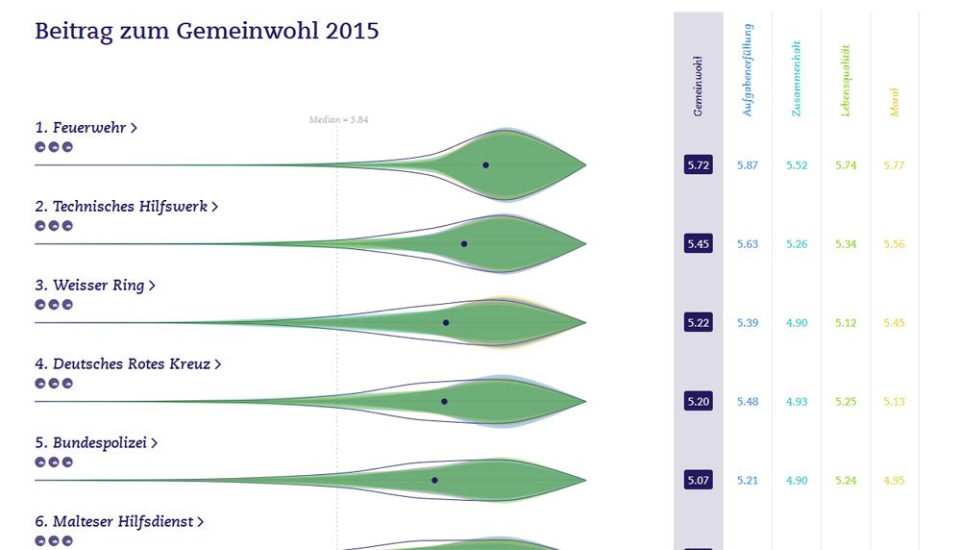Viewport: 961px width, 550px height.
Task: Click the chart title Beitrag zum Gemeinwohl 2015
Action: coord(207,31)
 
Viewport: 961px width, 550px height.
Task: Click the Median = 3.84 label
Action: coord(338,120)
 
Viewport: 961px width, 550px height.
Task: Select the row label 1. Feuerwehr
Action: coord(86,128)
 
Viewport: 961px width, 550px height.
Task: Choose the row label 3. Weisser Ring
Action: coord(94,286)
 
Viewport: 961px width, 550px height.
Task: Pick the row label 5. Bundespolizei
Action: coord(96,443)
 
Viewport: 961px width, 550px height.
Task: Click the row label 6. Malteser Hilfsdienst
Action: coord(119,522)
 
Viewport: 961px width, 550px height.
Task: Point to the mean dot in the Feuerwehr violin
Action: coord(485,165)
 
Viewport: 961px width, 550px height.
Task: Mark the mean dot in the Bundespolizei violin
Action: coord(434,480)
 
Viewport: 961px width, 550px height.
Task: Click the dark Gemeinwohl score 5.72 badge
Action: coord(698,165)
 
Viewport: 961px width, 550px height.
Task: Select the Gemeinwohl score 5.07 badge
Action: coord(698,480)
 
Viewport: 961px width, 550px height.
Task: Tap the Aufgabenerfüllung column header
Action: coord(748,72)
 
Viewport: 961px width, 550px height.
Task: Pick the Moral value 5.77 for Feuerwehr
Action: coord(894,165)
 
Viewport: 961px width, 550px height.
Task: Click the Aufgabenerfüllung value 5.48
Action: coord(748,401)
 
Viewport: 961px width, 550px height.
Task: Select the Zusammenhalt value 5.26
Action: coord(797,244)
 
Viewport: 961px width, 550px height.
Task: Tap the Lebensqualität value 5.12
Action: coord(846,323)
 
